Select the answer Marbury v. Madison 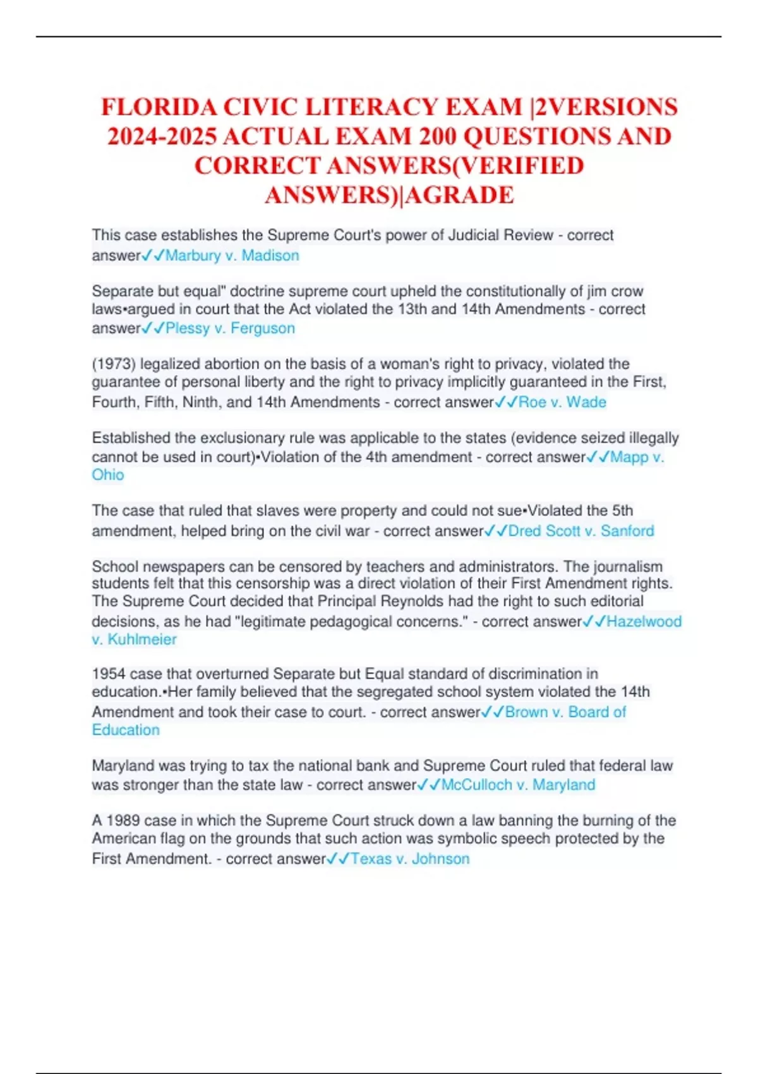232,256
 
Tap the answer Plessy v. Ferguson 230,329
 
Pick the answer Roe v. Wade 562,402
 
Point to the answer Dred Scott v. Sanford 581,531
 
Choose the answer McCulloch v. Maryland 518,785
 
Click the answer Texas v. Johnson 410,859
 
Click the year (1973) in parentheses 114,365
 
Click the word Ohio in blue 108,475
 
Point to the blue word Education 126,730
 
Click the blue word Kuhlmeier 142,639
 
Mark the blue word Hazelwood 644,622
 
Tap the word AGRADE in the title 460,195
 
